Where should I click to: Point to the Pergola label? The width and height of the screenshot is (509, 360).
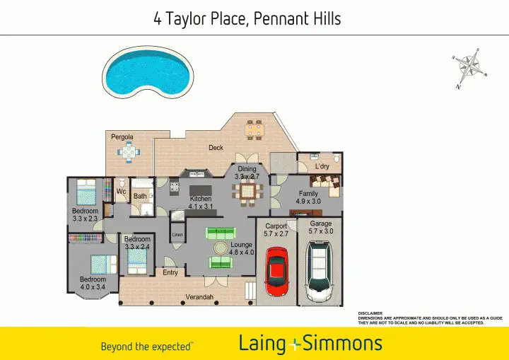pyautogui.click(x=122, y=137)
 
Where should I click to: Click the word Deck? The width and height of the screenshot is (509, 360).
pyautogui.click(x=216, y=148)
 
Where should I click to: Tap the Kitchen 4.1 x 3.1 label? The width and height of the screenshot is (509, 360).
pyautogui.click(x=201, y=203)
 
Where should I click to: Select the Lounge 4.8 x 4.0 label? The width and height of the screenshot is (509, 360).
pyautogui.click(x=241, y=248)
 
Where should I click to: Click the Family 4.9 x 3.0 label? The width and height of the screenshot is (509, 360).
pyautogui.click(x=308, y=197)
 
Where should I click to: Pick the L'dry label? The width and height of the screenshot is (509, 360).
pyautogui.click(x=322, y=167)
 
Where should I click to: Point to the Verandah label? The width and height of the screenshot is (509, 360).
pyautogui.click(x=199, y=297)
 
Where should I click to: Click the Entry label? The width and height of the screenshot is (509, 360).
pyautogui.click(x=170, y=272)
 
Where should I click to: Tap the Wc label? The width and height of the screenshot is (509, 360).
pyautogui.click(x=121, y=192)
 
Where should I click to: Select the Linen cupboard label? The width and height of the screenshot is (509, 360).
pyautogui.click(x=177, y=234)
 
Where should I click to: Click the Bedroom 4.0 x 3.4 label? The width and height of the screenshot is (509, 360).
pyautogui.click(x=93, y=284)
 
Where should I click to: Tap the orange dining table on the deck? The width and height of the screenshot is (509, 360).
pyautogui.click(x=253, y=129)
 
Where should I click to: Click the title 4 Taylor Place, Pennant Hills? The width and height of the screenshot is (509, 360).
pyautogui.click(x=247, y=18)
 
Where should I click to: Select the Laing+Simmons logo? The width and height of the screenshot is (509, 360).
pyautogui.click(x=310, y=344)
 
